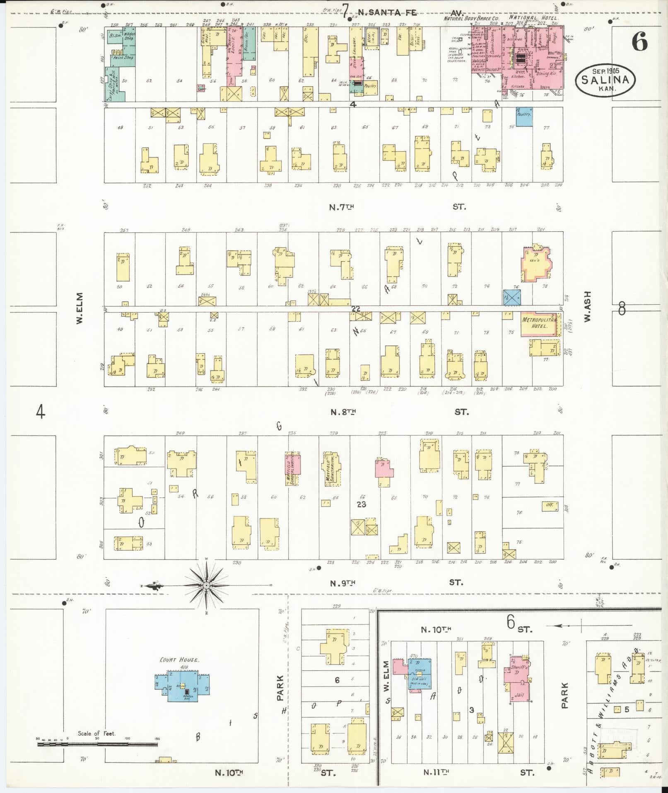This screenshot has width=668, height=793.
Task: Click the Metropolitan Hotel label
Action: pos(538,323)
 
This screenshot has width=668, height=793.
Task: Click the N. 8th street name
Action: pos(343,412)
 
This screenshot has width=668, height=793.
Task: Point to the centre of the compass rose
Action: pos(206,585)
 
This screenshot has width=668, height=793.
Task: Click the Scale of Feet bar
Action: pos(97,744)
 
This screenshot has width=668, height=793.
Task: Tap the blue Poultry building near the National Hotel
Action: pos(524,117)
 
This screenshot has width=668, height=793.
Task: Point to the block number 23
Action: pos(362,504)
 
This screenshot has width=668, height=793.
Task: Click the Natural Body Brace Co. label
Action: pos(471,19)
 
